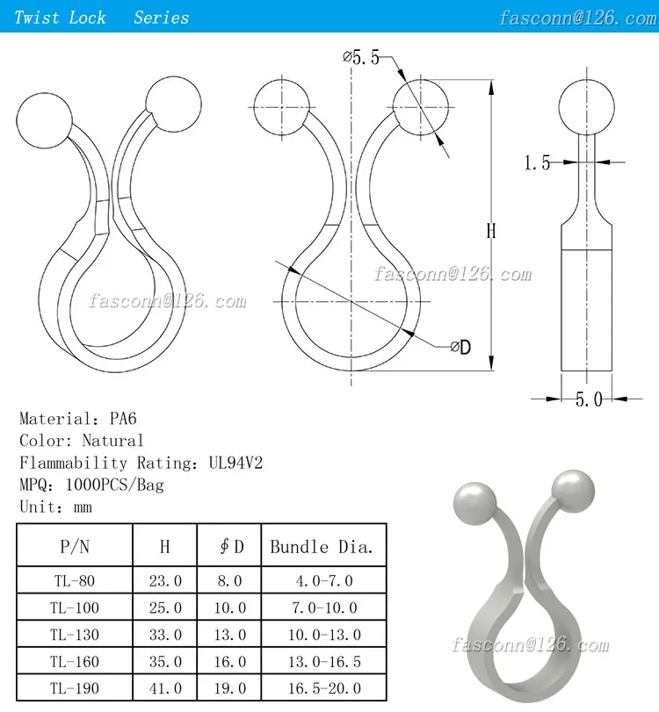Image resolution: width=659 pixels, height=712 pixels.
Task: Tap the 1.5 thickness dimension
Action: tap(537, 162)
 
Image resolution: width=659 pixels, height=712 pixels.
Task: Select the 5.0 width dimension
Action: tap(588, 399)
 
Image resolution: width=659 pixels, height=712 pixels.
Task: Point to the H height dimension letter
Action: tap(491, 232)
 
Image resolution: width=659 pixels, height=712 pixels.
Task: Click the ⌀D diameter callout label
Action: tap(460, 348)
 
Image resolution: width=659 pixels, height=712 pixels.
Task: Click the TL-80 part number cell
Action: tap(75, 580)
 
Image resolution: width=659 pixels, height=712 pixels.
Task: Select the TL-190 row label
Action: tap(75, 687)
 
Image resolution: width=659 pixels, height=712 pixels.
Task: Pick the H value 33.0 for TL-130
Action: tap(165, 634)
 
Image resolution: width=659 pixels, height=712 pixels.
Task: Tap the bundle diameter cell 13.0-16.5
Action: tap(321, 661)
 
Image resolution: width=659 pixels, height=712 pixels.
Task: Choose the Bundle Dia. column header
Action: tap(321, 546)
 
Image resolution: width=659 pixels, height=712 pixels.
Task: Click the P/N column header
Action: tap(75, 546)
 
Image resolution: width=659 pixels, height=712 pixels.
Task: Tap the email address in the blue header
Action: tap(578, 18)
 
